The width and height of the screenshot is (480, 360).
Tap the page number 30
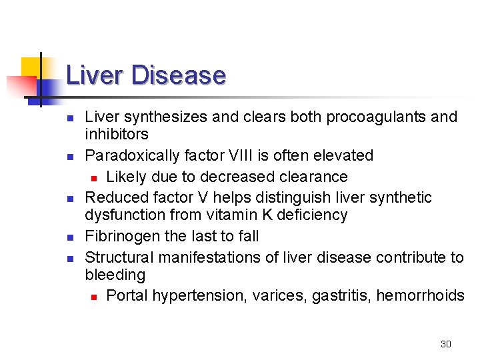(446, 344)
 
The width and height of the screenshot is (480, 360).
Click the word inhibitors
(117, 135)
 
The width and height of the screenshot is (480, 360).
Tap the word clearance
(314, 177)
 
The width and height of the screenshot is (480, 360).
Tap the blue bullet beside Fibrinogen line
(70, 237)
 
